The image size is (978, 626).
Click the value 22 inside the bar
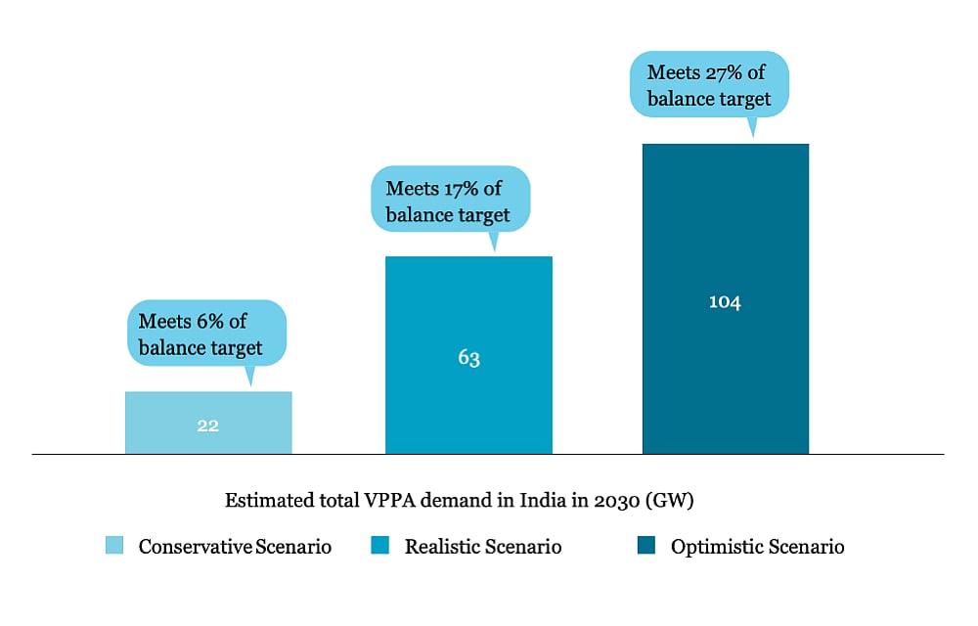pyautogui.click(x=207, y=425)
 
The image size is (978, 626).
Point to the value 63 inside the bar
pyautogui.click(x=468, y=358)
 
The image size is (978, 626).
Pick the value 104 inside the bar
pyautogui.click(x=725, y=302)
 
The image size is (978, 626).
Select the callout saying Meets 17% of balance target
pyautogui.click(x=450, y=201)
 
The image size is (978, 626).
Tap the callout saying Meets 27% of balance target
pyautogui.click(x=709, y=85)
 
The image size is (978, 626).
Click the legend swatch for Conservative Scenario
pyautogui.click(x=114, y=546)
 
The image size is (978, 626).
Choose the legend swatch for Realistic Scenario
pyautogui.click(x=380, y=546)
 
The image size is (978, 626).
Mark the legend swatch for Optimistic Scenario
pyautogui.click(x=646, y=546)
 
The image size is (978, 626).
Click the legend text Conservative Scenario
pyautogui.click(x=235, y=547)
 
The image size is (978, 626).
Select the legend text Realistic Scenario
pyautogui.click(x=483, y=547)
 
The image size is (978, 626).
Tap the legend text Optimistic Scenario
pyautogui.click(x=757, y=547)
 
